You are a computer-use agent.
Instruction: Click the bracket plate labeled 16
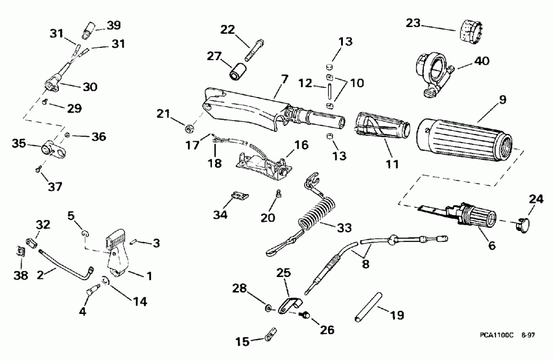[264, 165]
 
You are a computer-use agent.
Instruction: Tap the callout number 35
[19, 144]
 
